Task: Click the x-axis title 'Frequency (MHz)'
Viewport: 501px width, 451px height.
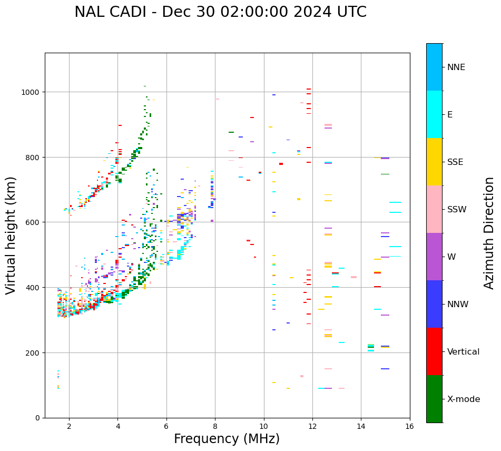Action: click(x=227, y=439)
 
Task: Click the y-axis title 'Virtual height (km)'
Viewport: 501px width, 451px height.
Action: click(x=11, y=235)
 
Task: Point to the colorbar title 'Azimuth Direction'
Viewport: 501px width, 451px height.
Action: click(x=489, y=233)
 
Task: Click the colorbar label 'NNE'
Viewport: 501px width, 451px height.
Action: click(x=456, y=67)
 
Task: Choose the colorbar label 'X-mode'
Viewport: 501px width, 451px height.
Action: click(x=464, y=399)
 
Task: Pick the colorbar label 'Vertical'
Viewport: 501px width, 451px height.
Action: click(x=464, y=352)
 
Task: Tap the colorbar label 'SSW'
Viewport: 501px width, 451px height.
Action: click(x=457, y=209)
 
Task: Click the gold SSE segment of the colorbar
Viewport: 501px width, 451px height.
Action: click(x=434, y=162)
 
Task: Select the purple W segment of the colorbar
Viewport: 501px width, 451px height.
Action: click(x=434, y=257)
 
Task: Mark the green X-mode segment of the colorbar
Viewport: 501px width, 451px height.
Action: click(x=434, y=399)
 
